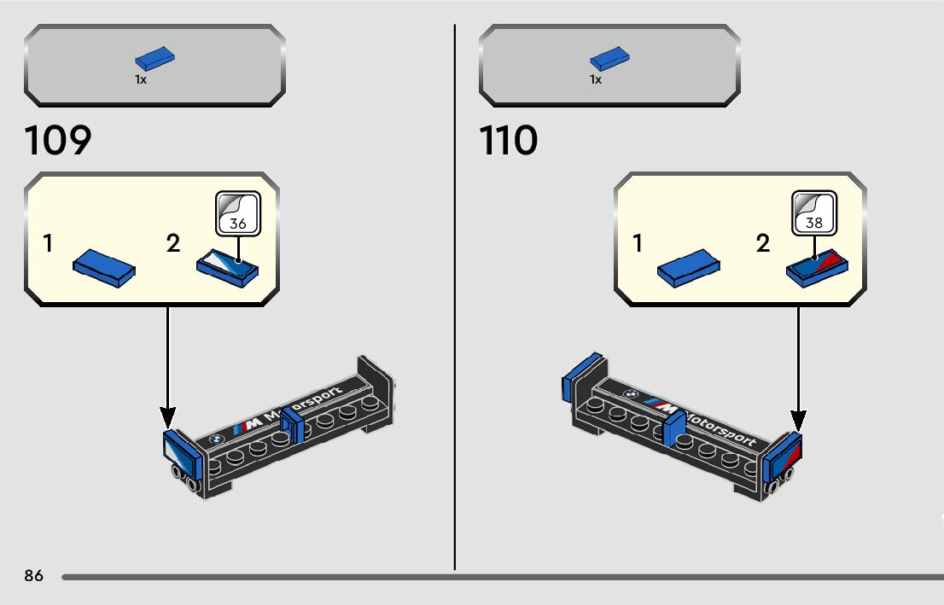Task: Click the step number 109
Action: [58, 141]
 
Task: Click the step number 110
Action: [509, 141]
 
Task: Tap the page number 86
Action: [34, 576]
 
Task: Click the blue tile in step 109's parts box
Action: [154, 59]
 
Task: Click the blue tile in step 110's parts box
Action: [609, 59]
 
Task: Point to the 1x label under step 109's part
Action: [141, 79]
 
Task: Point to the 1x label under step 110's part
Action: [596, 79]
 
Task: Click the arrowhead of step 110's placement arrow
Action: [798, 421]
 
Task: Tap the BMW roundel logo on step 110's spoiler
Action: [630, 394]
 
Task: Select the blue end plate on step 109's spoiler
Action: [182, 451]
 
